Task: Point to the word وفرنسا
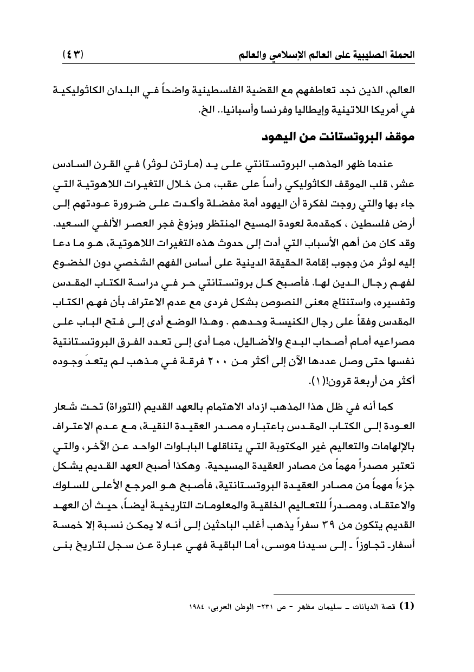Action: (276, 111)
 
